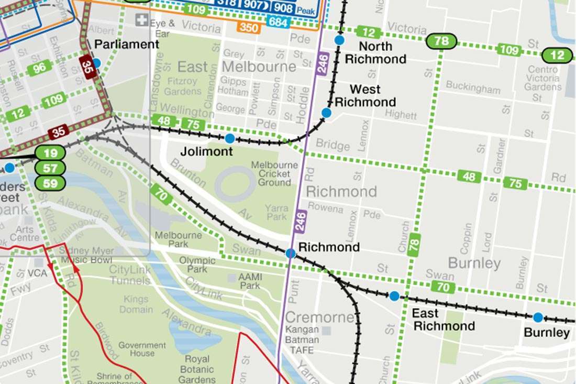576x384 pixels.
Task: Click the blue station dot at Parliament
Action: [96, 63]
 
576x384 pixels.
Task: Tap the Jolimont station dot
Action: [229, 138]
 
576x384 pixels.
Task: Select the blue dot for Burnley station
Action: [538, 317]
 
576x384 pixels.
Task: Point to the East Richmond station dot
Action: [394, 296]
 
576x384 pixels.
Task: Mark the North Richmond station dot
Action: [339, 40]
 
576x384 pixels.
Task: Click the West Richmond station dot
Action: [326, 113]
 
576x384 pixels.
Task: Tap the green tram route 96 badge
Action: [39, 68]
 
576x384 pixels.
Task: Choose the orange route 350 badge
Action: [248, 27]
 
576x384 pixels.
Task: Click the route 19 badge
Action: [50, 153]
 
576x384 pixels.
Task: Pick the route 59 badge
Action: [50, 183]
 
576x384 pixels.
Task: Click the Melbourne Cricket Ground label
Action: [271, 173]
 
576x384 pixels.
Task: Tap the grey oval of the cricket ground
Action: [235, 184]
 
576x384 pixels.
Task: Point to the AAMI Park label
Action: [250, 281]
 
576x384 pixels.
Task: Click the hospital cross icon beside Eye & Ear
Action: [141, 20]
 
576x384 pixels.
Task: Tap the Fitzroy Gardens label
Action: [183, 86]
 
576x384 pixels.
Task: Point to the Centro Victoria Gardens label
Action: [542, 78]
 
